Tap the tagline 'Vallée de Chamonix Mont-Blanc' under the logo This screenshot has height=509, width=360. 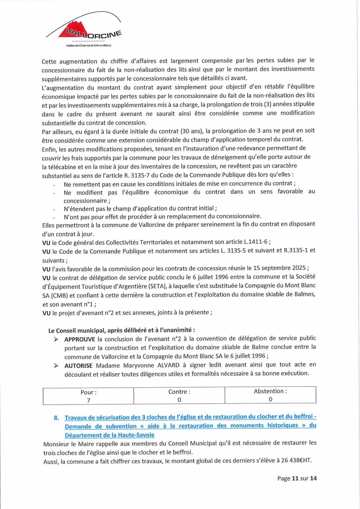[89, 45]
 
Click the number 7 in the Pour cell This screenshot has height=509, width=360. [89, 400]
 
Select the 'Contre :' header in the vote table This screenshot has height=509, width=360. [179, 392]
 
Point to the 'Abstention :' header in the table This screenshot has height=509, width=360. [270, 391]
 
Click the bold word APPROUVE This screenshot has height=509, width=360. [80, 339]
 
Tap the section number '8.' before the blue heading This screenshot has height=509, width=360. [57, 418]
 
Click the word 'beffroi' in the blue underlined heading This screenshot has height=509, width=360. [303, 416]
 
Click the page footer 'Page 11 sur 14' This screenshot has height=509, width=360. [297, 478]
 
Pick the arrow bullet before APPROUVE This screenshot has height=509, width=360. [56, 339]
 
